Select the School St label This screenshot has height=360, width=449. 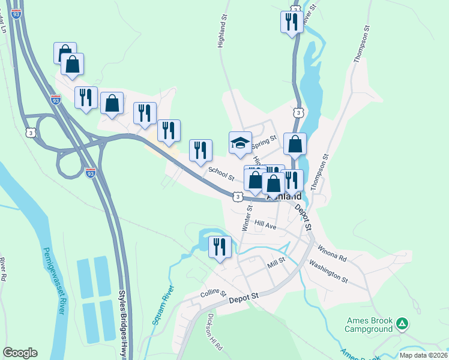coord(221,174)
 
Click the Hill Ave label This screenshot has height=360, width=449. coord(265,224)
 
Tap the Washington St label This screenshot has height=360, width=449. coord(328,271)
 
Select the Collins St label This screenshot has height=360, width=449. coord(213,294)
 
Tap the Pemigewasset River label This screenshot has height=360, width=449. coord(53,281)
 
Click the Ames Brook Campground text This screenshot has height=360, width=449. coord(369,325)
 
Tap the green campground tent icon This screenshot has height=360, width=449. coord(402,325)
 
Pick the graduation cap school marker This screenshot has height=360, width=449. coord(240,143)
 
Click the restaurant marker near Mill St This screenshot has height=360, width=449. coord(220,247)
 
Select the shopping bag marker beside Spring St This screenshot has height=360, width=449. coord(295,145)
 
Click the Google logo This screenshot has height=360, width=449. coord(20,353)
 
